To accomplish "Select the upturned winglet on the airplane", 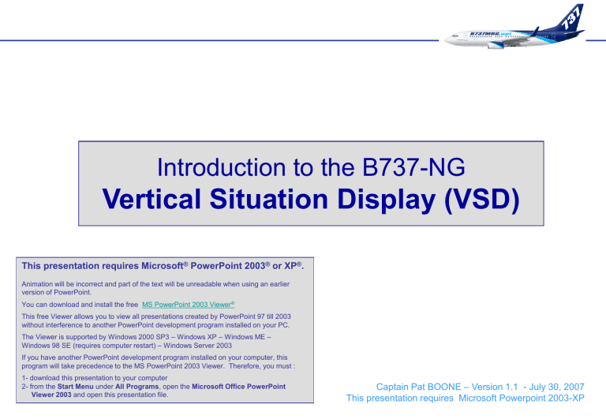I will [536, 32].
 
